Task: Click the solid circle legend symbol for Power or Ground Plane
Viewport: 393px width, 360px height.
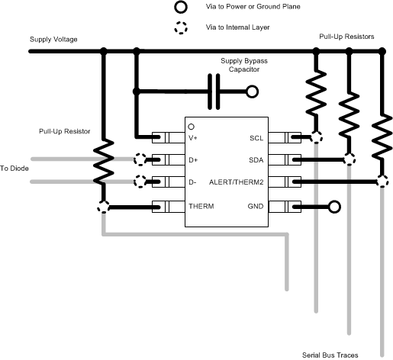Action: [180, 8]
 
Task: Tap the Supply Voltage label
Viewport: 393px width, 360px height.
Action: [53, 39]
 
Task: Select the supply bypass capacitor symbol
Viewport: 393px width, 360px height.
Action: [215, 92]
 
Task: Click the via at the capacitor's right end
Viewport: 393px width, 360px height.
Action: [250, 92]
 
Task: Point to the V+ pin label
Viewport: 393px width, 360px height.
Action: [195, 138]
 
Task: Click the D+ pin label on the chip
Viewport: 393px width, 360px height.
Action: [195, 160]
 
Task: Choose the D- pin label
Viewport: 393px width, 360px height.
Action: [194, 183]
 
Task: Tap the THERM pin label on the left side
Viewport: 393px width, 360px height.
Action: [201, 206]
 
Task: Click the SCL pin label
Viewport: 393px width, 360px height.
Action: [256, 138]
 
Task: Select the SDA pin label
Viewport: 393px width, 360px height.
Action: [256, 160]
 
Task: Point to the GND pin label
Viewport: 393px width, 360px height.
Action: [256, 206]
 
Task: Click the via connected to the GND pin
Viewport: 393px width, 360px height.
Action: [333, 206]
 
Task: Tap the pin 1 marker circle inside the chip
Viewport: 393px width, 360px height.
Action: [192, 125]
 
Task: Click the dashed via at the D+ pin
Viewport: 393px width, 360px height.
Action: [140, 160]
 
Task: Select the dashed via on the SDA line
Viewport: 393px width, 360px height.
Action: [350, 160]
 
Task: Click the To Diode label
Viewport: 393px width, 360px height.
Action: [14, 168]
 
